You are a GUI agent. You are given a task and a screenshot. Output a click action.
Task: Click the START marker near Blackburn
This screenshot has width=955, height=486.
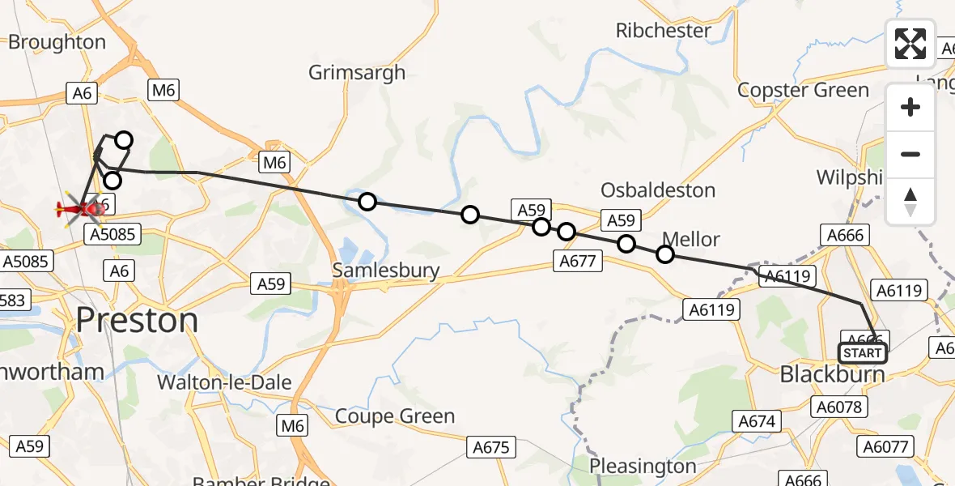[x=862, y=353]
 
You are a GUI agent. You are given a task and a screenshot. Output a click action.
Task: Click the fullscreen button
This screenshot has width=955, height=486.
[x=910, y=44]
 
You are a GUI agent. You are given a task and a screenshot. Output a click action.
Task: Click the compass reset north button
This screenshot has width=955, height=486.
[x=910, y=202]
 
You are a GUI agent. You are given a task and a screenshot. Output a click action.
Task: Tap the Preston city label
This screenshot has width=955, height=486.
[x=138, y=321]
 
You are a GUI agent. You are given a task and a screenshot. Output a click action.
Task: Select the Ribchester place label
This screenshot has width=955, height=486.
[x=664, y=31]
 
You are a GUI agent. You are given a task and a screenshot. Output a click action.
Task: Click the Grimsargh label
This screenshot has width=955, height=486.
[x=357, y=73]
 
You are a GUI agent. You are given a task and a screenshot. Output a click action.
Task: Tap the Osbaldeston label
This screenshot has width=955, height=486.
[x=658, y=190]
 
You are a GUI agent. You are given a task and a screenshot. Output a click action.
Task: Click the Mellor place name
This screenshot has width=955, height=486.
[x=691, y=239]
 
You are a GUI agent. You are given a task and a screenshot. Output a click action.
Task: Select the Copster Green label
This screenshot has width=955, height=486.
[x=804, y=90]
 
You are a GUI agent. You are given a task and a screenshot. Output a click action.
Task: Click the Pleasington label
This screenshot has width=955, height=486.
[x=643, y=466]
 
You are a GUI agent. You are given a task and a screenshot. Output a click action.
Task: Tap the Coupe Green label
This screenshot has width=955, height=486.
[x=395, y=416]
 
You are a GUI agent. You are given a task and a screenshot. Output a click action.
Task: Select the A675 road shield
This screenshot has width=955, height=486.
[x=491, y=446]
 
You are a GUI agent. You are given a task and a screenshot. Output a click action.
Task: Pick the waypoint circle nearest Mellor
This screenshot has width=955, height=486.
[x=664, y=254]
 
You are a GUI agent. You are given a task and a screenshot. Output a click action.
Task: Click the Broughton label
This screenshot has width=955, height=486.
[x=57, y=42]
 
